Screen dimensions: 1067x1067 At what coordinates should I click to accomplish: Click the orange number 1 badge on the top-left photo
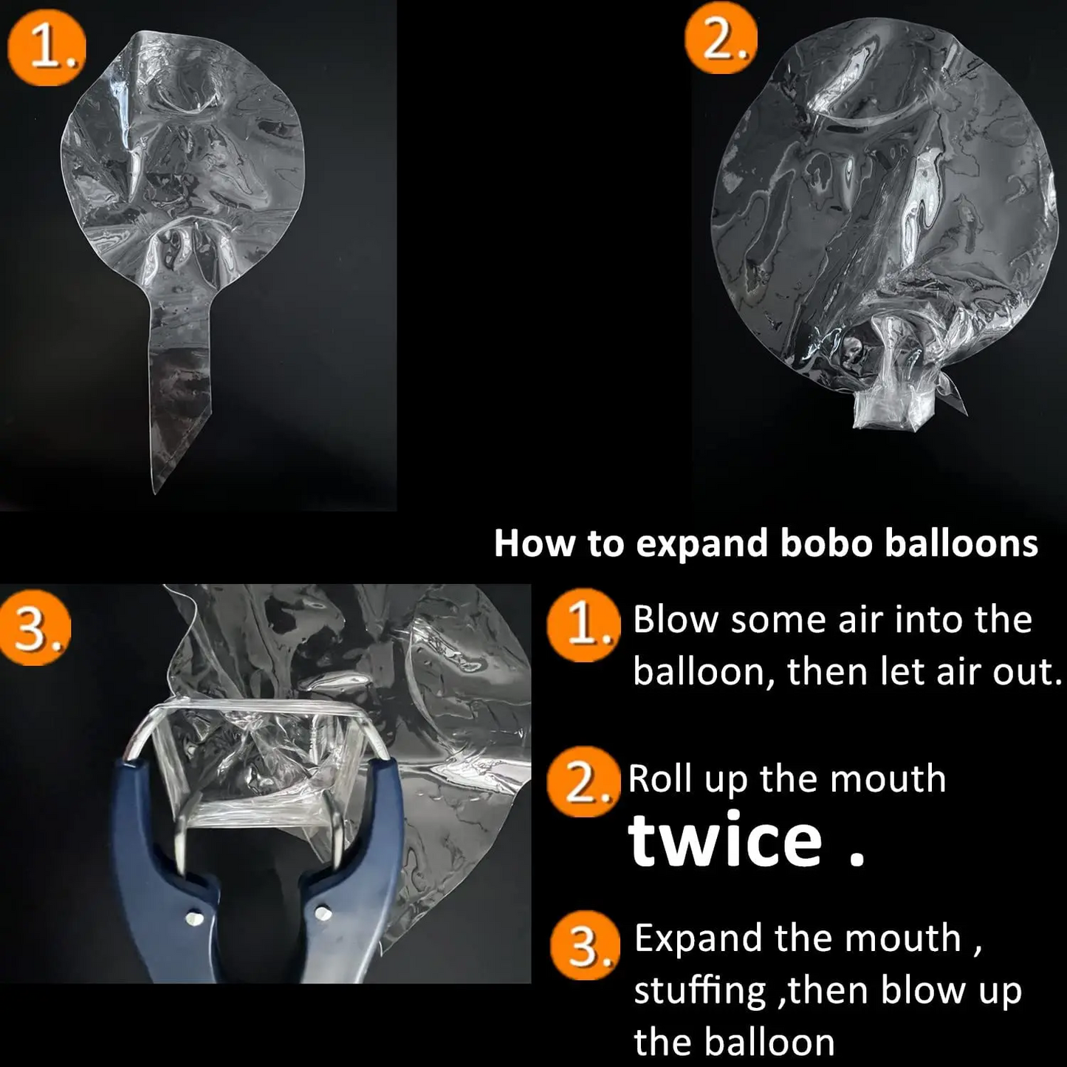point(46,49)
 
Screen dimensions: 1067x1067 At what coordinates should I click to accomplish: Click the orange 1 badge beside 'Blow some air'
point(583,625)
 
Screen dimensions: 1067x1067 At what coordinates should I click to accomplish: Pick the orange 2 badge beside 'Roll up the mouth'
point(583,783)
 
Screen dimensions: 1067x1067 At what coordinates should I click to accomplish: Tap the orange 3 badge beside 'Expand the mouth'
point(584,945)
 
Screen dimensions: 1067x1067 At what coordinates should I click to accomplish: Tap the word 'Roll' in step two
point(660,778)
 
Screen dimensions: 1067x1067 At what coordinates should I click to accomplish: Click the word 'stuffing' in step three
point(699,991)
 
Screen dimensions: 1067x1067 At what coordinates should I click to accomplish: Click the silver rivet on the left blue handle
point(193,918)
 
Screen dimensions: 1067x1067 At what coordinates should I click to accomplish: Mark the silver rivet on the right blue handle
point(322,913)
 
